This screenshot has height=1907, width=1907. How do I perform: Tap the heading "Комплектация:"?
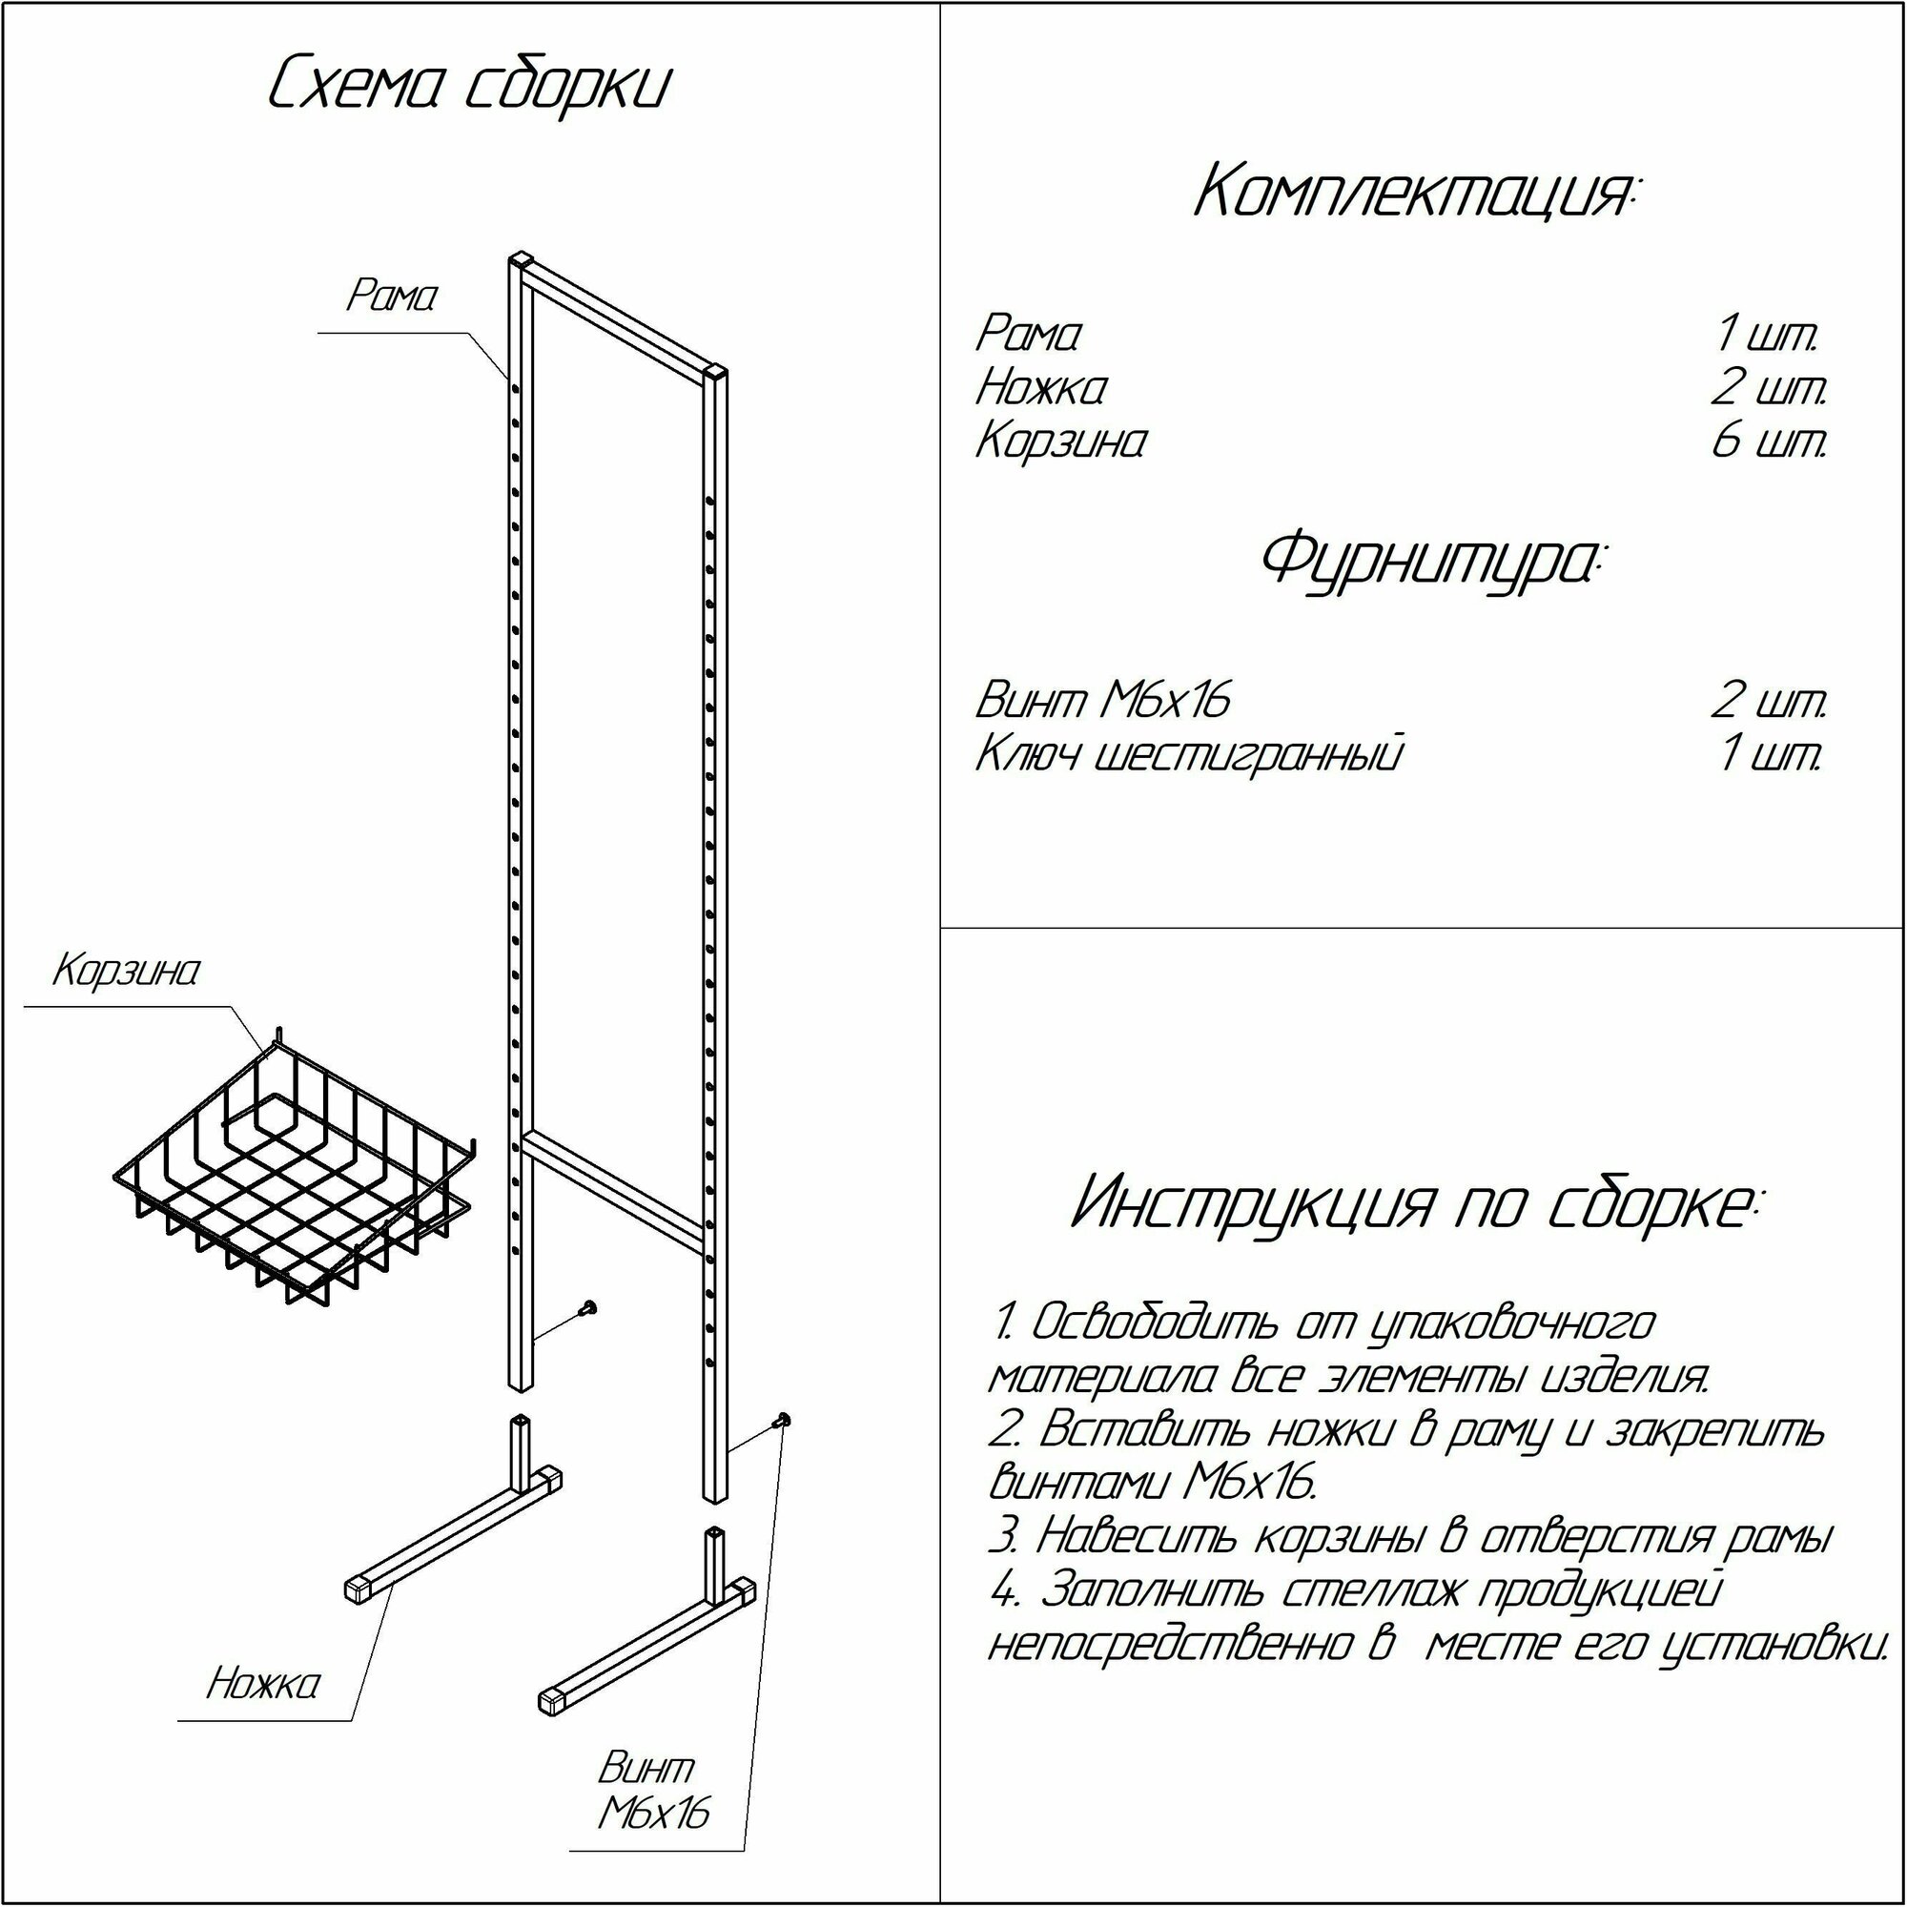1414,192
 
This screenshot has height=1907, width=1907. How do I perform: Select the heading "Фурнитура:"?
1433,562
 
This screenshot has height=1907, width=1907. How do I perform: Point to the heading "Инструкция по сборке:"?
1418,1203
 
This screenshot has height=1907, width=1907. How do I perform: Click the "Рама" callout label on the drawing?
391,297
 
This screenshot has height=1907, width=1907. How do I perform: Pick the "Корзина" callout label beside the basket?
127,972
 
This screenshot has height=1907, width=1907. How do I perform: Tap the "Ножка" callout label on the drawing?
263,1683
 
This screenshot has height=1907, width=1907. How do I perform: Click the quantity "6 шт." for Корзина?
1769,441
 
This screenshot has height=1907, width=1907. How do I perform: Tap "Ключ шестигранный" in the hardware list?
1188,755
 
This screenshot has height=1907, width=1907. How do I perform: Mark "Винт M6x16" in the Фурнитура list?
1103,701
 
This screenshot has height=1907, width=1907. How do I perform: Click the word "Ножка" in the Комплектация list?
1041,387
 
